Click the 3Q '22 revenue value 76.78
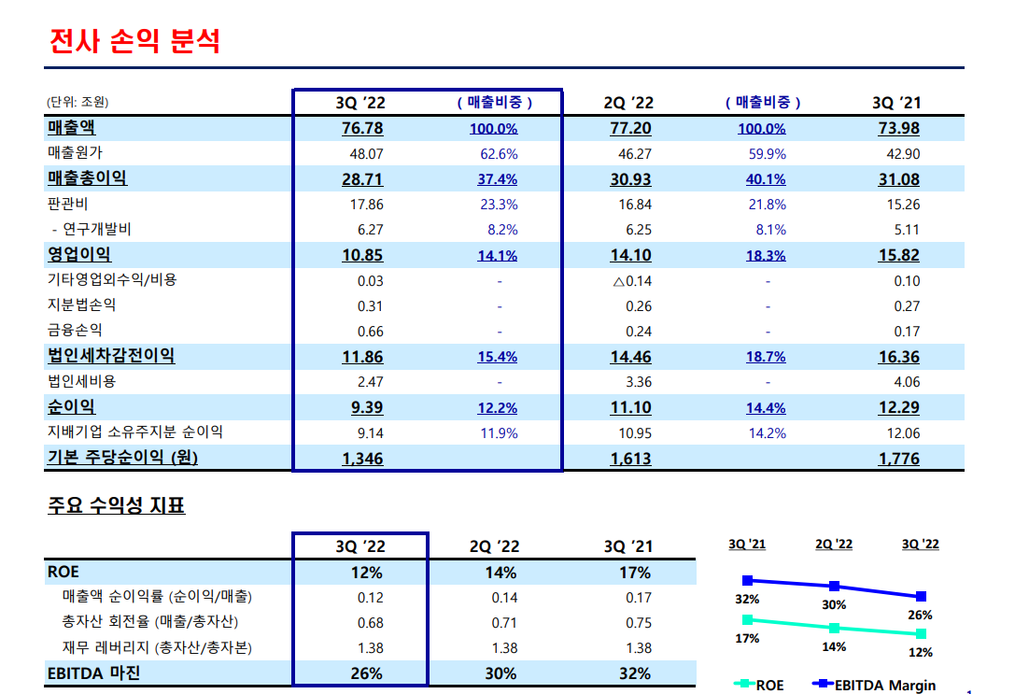(x=363, y=128)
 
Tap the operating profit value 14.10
(x=631, y=255)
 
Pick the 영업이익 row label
(x=79, y=254)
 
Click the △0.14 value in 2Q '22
(x=632, y=280)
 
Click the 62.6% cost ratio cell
(x=500, y=154)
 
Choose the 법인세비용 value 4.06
(x=906, y=381)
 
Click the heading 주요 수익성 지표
(x=116, y=506)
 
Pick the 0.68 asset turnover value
(x=370, y=622)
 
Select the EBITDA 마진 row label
(x=93, y=673)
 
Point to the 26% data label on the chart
(x=921, y=616)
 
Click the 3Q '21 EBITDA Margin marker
(x=746, y=580)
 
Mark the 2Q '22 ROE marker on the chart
(x=834, y=628)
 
